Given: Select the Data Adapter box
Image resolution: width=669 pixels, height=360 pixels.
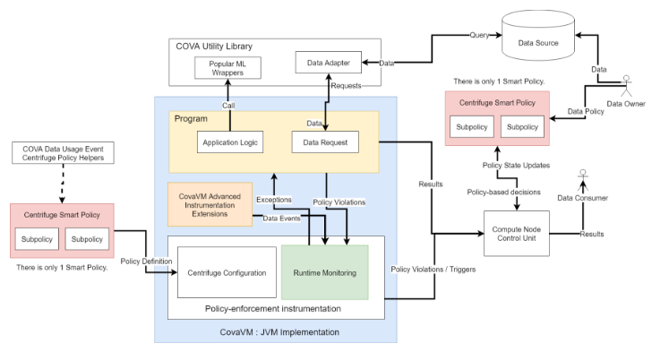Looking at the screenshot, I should click(328, 62).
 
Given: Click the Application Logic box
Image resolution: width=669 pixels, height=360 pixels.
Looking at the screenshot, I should click(230, 141).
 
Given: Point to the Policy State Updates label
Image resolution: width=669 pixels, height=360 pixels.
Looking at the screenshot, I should click(516, 166).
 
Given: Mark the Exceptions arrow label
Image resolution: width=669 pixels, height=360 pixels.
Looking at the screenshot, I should click(274, 199).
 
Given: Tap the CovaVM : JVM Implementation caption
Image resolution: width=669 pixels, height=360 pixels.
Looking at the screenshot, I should click(274, 331).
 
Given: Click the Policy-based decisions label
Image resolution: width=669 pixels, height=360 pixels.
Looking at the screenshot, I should click(513, 192).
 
